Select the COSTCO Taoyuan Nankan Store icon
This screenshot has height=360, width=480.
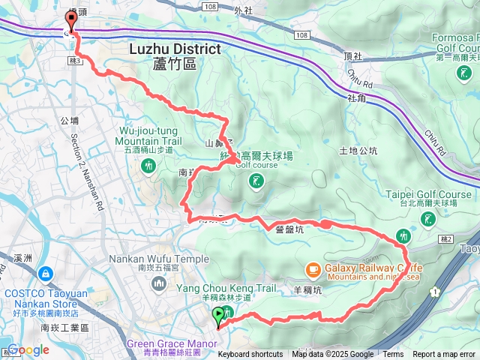46,275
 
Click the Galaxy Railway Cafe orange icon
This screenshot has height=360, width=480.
312,268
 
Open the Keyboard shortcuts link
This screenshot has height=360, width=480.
250,355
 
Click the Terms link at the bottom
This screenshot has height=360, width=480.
393,355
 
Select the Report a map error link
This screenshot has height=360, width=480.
444,355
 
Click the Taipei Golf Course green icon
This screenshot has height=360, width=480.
427,219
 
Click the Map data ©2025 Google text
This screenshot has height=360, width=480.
333,355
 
